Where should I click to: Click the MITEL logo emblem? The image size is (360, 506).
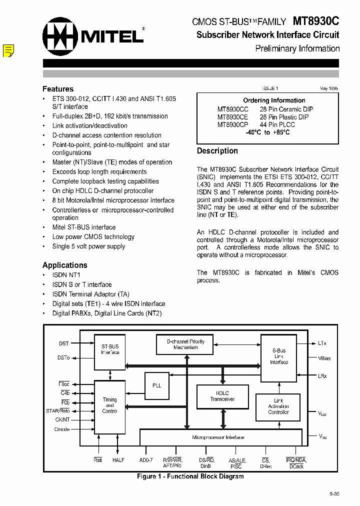[x=60, y=36]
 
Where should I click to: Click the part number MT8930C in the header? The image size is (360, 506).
[x=315, y=21]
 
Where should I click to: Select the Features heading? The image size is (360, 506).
[x=58, y=89]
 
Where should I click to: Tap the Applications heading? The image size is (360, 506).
[x=65, y=265]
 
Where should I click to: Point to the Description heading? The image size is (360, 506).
[x=217, y=151]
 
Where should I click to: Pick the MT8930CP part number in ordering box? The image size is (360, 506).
[x=232, y=125]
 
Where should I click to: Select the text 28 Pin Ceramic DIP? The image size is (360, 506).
[x=286, y=109]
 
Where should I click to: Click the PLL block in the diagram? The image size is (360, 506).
[x=156, y=385]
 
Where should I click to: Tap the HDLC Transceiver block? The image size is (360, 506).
[x=222, y=396]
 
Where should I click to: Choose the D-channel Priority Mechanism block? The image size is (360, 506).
[x=185, y=344]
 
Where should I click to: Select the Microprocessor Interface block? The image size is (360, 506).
[x=218, y=437]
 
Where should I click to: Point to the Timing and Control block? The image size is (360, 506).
[x=109, y=405]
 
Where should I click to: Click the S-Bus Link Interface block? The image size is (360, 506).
[x=279, y=356]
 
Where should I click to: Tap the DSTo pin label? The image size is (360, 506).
[x=63, y=358]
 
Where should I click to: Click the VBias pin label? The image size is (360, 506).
[x=324, y=358]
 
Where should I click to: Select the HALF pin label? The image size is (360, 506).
[x=118, y=460]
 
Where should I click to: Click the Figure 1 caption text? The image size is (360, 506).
[x=190, y=476]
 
